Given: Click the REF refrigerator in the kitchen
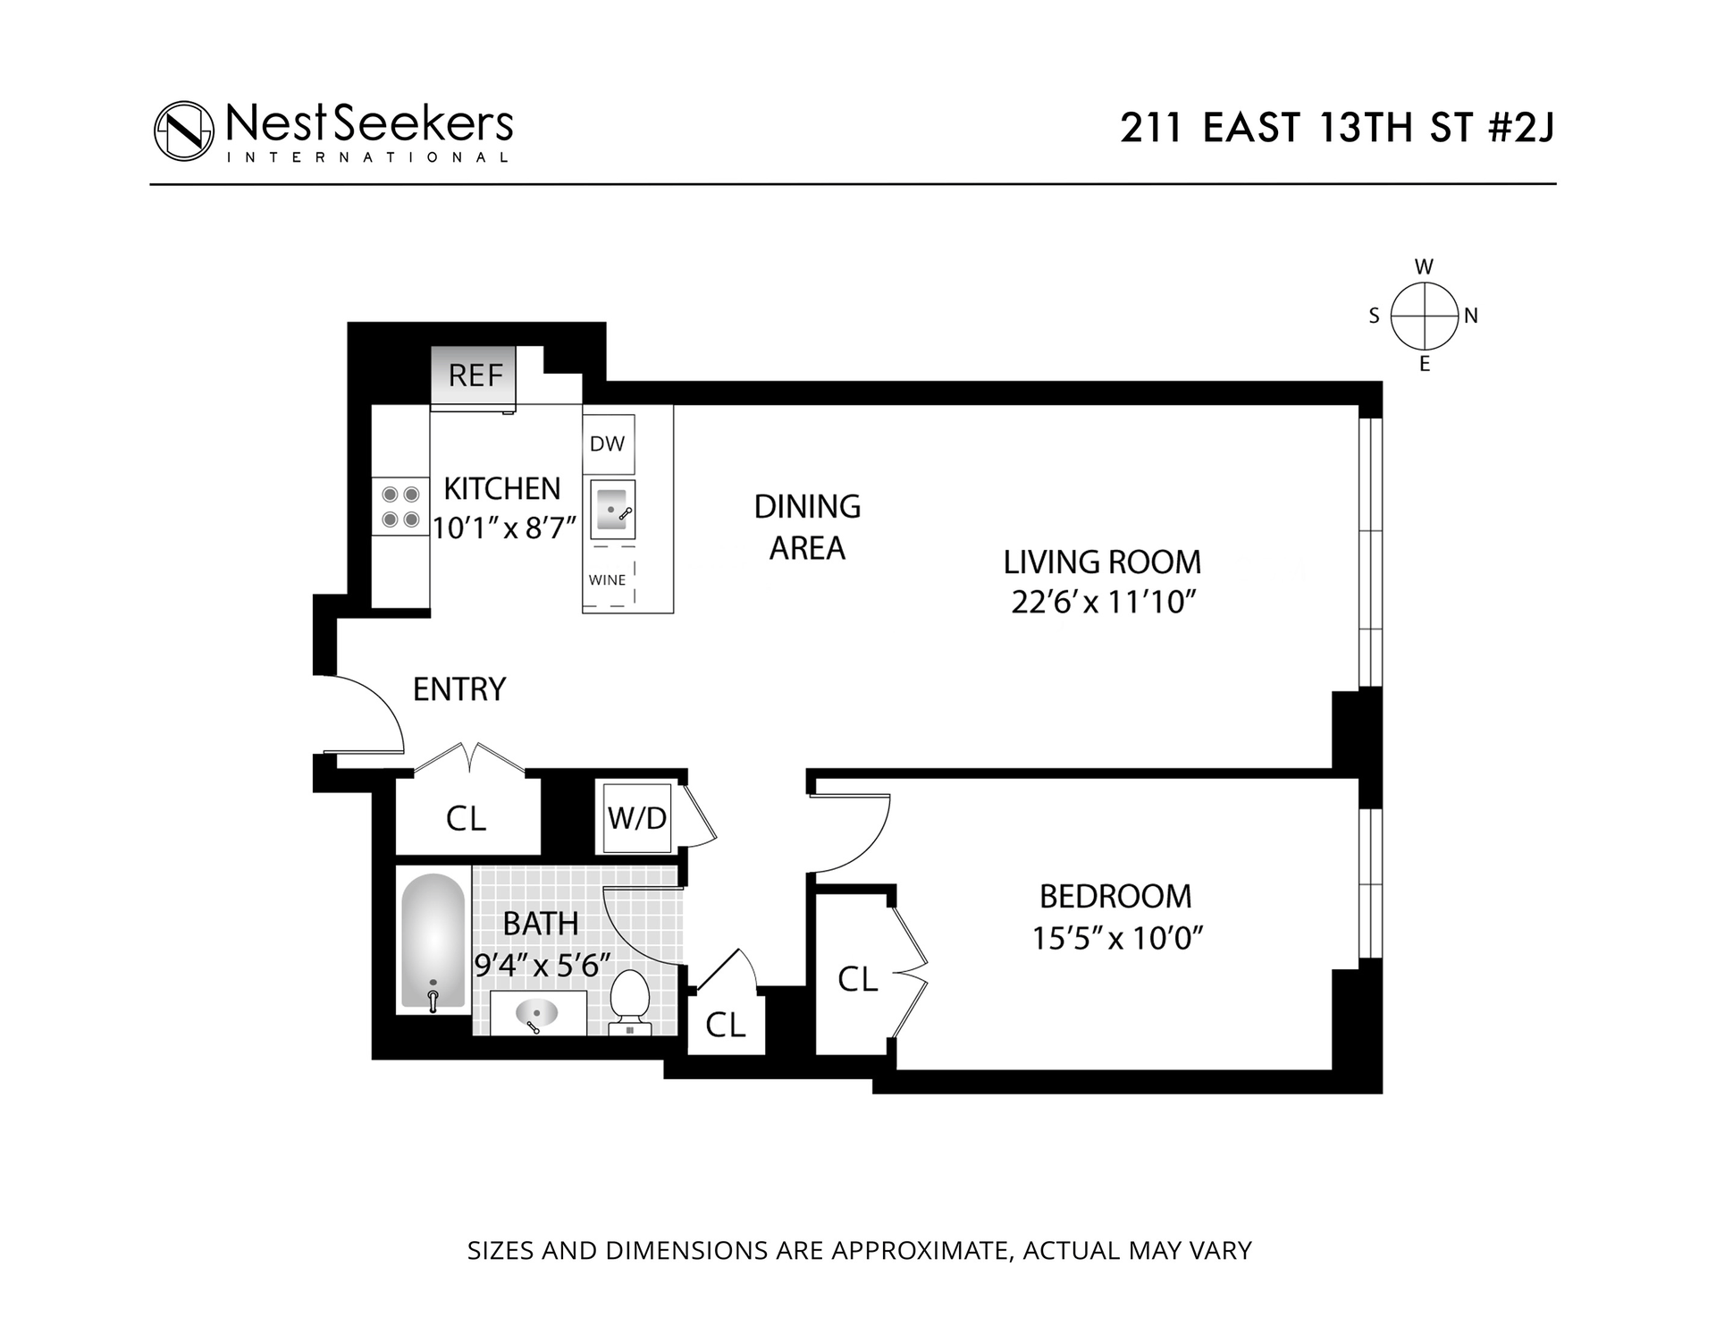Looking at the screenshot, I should coord(475,376).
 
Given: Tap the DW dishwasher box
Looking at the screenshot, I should coord(608,443).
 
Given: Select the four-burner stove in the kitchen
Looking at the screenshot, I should coord(400,506).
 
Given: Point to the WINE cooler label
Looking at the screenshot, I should coord(607,579).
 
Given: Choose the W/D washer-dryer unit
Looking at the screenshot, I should coord(636,817).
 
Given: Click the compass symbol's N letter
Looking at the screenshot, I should coord(1470,316).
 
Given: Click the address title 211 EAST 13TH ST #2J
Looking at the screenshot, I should coord(1337,129).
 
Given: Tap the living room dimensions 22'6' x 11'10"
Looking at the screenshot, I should coord(1103,603).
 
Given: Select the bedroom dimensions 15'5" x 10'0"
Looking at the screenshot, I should coord(1117,938).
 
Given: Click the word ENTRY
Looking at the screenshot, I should coord(459,689).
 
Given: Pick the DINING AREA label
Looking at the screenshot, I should coord(807,528).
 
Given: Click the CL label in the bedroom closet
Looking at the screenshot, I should coord(857,980).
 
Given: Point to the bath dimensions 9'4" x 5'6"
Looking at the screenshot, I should coord(542,965).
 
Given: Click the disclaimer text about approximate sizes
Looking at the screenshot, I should coord(859,1250).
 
